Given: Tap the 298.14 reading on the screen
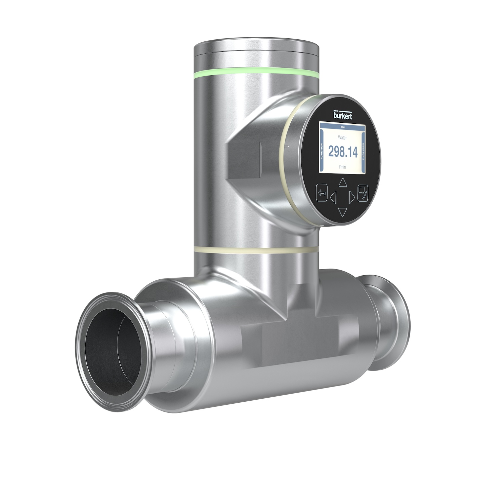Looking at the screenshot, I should point(343,152).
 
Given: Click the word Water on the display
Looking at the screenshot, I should point(342,137).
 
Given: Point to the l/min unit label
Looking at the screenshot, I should point(342,167).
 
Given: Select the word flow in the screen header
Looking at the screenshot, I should point(343,127).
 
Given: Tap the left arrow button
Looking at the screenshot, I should point(333,197).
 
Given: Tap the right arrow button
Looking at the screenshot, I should point(351,197).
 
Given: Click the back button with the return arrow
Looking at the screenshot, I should point(322,193).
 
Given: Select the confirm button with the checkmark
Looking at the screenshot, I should point(363,193).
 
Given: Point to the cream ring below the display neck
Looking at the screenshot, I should point(255,249).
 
